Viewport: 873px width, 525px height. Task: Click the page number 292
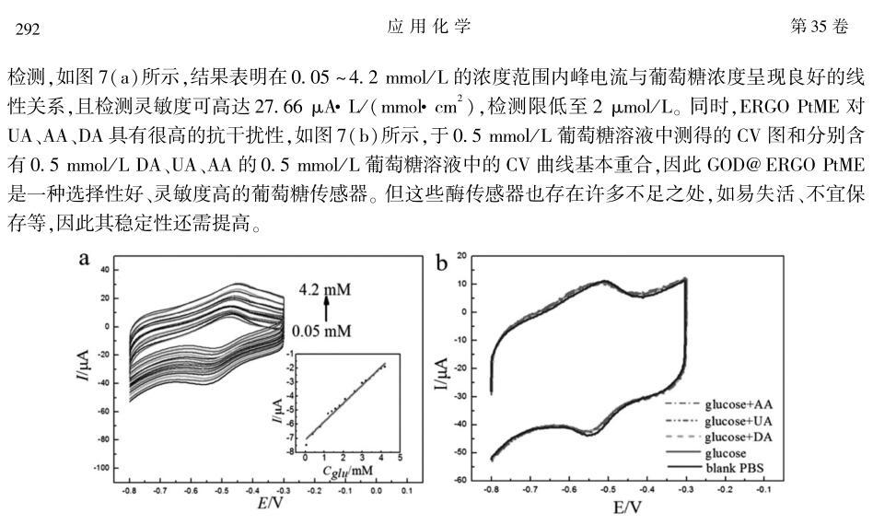28,29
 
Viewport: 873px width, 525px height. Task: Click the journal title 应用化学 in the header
429,27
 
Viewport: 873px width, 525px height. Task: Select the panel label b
442,264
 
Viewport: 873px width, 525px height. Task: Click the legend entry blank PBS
738,468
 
